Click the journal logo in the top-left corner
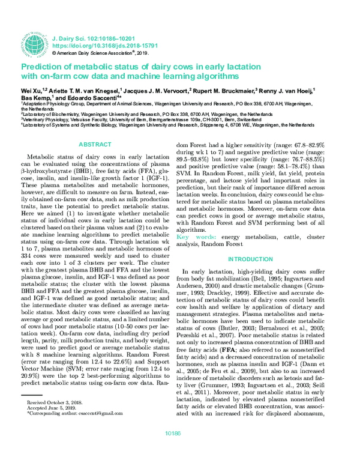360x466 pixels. click(x=35, y=41)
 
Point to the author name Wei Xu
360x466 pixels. click(x=31, y=89)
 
